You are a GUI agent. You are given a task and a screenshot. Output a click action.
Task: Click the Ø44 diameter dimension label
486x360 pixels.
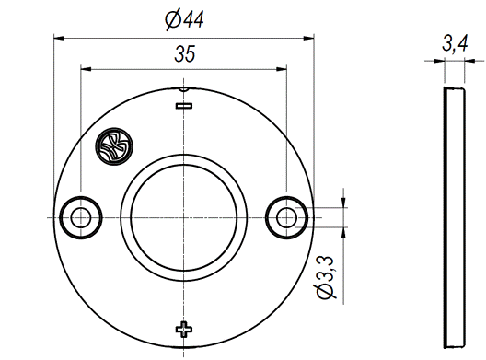[184, 20]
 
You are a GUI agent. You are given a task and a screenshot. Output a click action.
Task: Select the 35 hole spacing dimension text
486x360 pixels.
[185, 54]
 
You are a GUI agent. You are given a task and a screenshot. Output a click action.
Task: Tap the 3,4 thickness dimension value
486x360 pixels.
[455, 43]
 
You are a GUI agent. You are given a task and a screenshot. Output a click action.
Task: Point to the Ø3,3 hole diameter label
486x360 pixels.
[326, 277]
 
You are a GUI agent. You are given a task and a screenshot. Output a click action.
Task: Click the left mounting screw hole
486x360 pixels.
[81, 217]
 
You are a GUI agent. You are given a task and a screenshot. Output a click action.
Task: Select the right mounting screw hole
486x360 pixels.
[286, 217]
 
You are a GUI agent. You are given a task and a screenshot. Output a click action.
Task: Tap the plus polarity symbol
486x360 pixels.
[184, 330]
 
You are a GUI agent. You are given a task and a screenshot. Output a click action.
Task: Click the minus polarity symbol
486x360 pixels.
[184, 106]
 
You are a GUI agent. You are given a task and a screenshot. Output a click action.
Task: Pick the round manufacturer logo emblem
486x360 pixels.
[114, 146]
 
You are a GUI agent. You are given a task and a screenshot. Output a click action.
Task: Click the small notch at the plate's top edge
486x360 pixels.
[184, 89]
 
